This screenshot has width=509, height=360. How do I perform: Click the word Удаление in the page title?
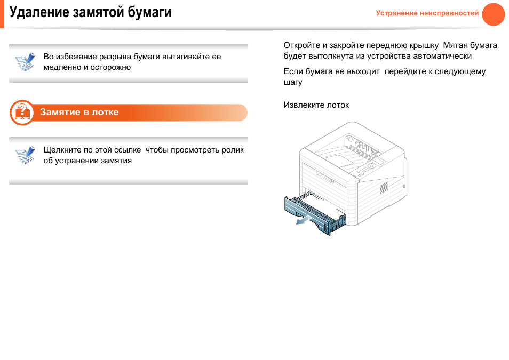(39, 12)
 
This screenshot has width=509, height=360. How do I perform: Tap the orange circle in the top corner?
(493, 14)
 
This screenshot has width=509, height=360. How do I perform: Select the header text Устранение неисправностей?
(427, 13)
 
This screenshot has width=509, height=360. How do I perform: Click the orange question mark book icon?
(22, 113)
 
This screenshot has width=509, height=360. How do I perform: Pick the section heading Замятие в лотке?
(79, 113)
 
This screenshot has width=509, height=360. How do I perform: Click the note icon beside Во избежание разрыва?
(25, 62)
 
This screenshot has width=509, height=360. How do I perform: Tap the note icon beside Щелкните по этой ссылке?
(25, 155)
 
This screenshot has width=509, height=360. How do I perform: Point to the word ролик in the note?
(233, 150)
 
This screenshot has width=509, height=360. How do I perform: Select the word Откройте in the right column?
(302, 45)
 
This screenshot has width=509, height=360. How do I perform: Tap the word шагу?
(293, 83)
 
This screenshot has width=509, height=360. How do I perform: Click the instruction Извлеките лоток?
(316, 105)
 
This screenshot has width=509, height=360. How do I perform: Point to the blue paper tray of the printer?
(314, 213)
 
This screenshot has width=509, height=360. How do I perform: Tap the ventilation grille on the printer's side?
(384, 188)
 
